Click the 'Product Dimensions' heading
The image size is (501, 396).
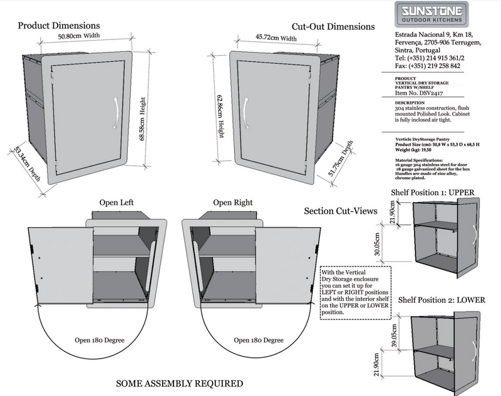pos(58,26)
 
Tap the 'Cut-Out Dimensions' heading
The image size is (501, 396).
pos(333,27)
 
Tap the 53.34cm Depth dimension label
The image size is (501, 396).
pos(28,163)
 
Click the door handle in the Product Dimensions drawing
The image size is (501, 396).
pos(115,113)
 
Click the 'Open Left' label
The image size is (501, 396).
pos(116,203)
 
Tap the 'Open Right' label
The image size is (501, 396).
pos(233,203)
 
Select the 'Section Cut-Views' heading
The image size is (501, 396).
pos(340,211)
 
